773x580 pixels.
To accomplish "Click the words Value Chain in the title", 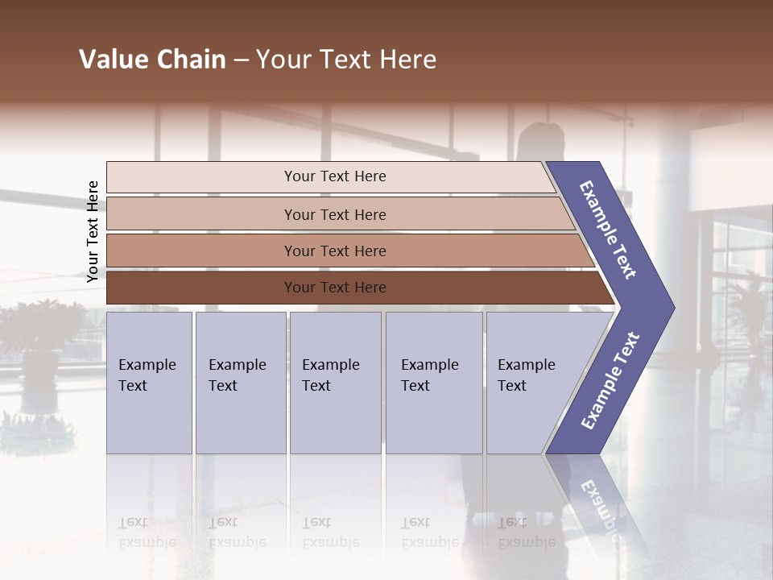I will coord(152,60).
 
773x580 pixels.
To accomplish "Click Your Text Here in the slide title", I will coord(346,60).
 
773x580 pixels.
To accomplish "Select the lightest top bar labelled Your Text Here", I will coord(334,176).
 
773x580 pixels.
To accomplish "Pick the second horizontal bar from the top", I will coord(334,214).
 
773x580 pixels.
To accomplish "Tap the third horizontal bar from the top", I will coord(334,251).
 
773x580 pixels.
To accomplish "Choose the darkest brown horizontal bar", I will coord(334,288).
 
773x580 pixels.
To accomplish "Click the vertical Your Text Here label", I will coord(93,231).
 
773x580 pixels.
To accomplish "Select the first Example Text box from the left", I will coord(149,382).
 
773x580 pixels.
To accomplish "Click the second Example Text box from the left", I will coord(240,382).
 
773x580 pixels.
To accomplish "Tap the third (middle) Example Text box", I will coord(335,382).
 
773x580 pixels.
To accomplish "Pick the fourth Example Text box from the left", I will coord(433,382).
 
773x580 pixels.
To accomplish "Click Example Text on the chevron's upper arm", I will coord(608,230).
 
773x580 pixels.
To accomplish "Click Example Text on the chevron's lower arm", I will coord(610,381).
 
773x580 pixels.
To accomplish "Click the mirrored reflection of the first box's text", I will coord(147,532).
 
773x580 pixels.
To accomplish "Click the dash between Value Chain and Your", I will coord(241,60).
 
